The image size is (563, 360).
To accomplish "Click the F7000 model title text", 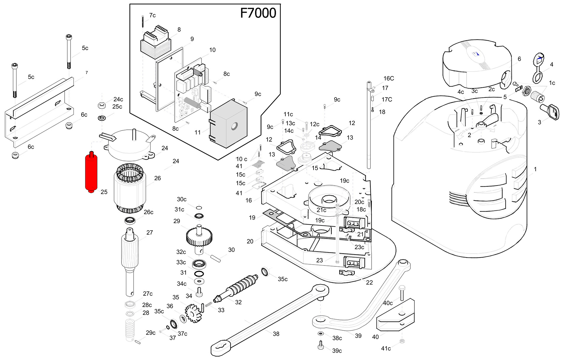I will [x=258, y=13].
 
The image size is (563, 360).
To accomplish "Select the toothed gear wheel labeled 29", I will [x=199, y=237].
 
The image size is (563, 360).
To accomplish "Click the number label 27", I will [x=150, y=233].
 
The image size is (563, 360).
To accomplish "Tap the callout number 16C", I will [x=389, y=78].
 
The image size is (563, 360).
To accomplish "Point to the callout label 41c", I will [x=386, y=348].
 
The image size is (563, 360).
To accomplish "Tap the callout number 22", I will [x=369, y=282].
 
